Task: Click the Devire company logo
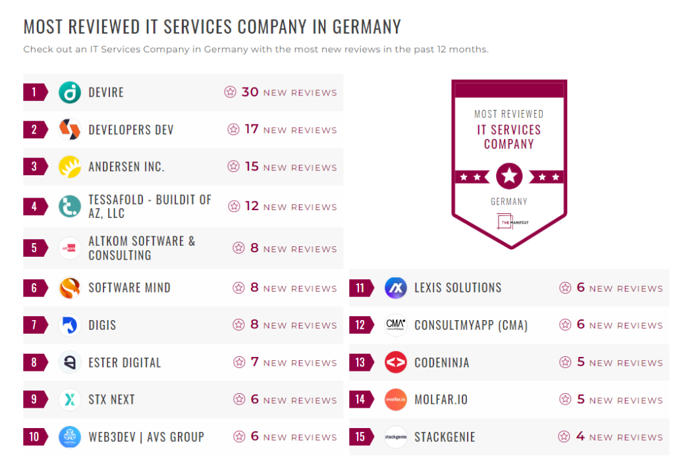click(69, 92)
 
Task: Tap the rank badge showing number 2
click(34, 130)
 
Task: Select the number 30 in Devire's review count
click(250, 92)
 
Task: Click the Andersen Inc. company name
click(126, 167)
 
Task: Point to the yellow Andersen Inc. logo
click(69, 167)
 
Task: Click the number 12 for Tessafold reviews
click(252, 206)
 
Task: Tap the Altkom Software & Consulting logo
click(69, 248)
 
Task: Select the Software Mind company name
click(129, 288)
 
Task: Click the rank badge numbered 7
click(34, 325)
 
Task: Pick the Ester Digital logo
click(69, 362)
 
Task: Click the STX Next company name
click(111, 400)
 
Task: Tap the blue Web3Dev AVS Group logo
click(69, 437)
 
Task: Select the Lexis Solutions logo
click(395, 288)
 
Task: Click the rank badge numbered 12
click(360, 325)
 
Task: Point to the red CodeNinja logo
click(395, 362)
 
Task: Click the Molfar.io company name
click(441, 400)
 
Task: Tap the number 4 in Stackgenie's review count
click(580, 437)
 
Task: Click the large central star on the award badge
click(508, 176)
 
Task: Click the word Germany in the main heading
click(366, 27)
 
